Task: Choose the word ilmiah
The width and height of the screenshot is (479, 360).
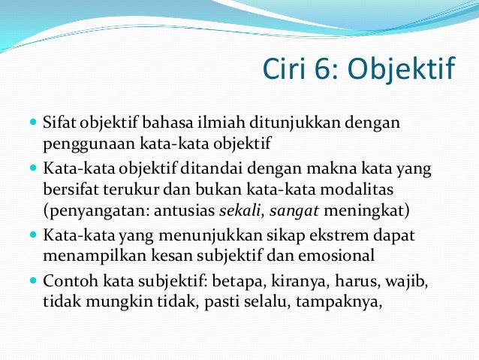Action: [x=223, y=121]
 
